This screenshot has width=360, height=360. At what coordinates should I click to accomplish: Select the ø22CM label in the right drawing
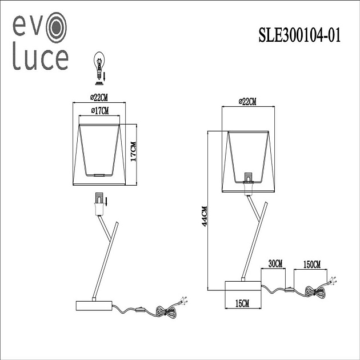(x=247, y=102)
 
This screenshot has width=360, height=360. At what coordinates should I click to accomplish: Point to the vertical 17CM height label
(x=133, y=154)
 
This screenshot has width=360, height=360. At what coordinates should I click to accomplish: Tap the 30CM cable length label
(x=274, y=263)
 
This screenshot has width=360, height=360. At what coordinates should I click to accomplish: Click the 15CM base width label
(x=244, y=303)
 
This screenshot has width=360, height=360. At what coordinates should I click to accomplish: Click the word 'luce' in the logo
(x=40, y=59)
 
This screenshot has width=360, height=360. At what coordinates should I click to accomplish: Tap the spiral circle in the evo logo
(x=57, y=27)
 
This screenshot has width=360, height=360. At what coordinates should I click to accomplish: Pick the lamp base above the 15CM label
(x=243, y=286)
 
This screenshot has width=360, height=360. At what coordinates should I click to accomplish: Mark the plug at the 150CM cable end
(x=333, y=282)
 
